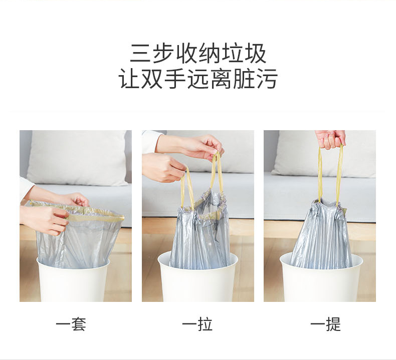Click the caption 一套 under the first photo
pos(71,324)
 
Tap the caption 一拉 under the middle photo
pos(197,324)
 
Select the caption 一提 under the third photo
pos(325,324)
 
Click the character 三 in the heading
pos(141,53)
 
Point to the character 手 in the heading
pos(175,79)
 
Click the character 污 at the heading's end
pos(267,79)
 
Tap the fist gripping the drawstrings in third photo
pos(330,140)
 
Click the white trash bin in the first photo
pos(73,280)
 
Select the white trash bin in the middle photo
pos(197,277)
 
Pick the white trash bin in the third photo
pos(321,279)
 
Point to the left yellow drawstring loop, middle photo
pos(187,188)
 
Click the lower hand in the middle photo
pos(163,167)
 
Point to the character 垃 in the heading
pos(233,53)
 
